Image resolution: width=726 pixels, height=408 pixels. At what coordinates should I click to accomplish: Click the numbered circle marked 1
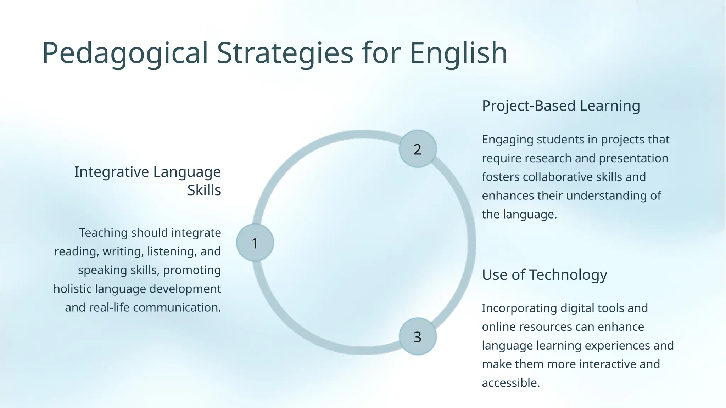click(x=255, y=243)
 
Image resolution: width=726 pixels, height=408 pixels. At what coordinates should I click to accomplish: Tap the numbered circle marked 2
click(x=418, y=149)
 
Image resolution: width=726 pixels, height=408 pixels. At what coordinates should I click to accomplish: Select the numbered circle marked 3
click(x=418, y=336)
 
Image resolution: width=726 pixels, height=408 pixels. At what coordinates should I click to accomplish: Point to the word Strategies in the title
click(x=285, y=53)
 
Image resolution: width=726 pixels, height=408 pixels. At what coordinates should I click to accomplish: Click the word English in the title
click(x=458, y=53)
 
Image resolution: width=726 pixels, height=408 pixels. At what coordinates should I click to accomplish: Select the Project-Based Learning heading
click(x=561, y=106)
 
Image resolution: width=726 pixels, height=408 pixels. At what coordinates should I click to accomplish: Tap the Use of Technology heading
click(x=544, y=274)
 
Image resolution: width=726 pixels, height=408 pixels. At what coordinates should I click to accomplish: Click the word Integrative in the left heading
click(x=112, y=172)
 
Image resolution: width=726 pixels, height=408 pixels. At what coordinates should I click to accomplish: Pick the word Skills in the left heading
click(x=204, y=191)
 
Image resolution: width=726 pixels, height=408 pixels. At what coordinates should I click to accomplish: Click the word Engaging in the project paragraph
click(x=507, y=140)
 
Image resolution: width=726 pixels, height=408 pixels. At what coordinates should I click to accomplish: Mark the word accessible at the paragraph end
click(x=510, y=383)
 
